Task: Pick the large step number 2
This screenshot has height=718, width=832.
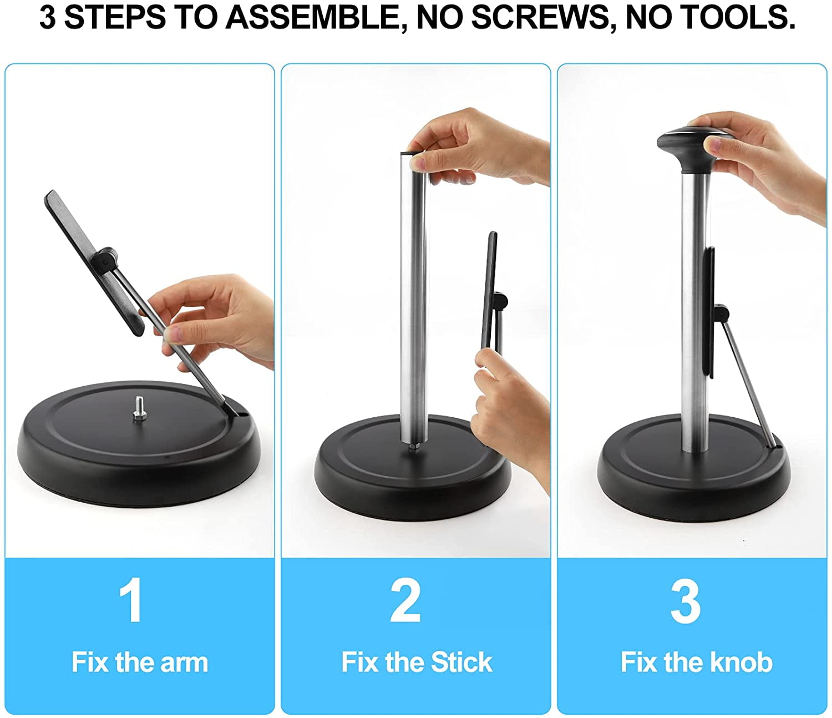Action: coord(405,600)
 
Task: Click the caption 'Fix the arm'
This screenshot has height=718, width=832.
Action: coord(140,663)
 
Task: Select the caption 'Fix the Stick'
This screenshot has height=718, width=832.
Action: coord(417,663)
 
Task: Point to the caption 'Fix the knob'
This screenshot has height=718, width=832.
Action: coord(696,663)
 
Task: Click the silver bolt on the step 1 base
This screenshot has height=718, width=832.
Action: coord(139,409)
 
